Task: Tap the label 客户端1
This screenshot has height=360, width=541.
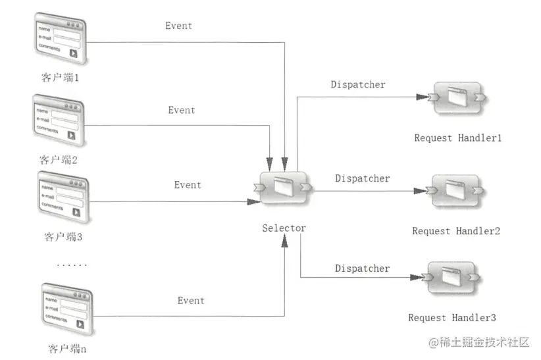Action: [60, 77]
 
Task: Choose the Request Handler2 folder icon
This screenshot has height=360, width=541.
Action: [455, 191]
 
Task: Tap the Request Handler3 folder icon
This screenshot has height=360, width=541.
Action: [451, 279]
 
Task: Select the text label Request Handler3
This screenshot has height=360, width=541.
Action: [452, 318]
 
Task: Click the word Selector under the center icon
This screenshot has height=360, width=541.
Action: [284, 228]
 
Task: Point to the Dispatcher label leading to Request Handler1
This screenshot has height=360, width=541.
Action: [358, 85]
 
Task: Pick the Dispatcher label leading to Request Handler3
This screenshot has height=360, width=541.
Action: [362, 269]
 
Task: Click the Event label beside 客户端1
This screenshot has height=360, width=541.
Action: [179, 26]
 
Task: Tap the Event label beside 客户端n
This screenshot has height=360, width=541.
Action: [191, 301]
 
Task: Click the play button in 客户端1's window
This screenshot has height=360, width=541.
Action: [73, 53]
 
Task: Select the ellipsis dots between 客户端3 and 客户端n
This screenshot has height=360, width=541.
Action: [72, 265]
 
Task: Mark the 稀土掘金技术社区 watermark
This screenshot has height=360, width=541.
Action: [478, 343]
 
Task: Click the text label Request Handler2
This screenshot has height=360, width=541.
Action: [456, 231]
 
